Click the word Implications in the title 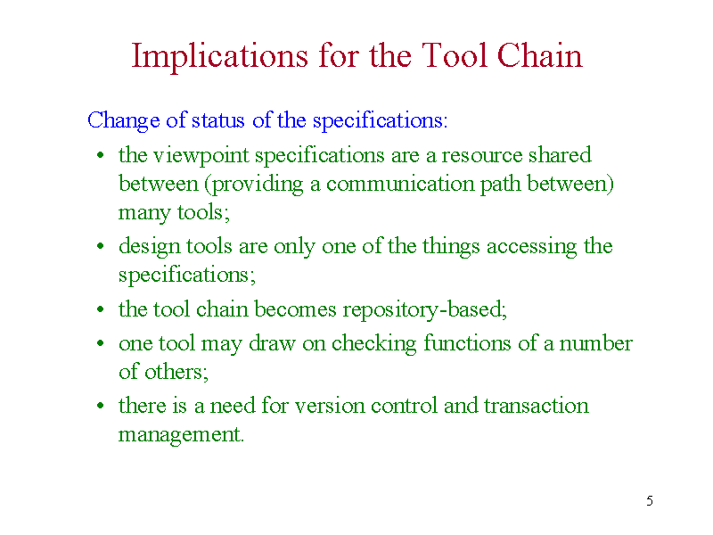click(x=219, y=56)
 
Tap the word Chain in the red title click(x=539, y=55)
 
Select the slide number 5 click(x=650, y=501)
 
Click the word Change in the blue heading click(x=124, y=121)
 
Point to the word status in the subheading click(x=218, y=120)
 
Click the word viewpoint click(x=201, y=156)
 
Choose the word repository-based click(x=424, y=309)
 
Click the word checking click(x=373, y=344)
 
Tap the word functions click(x=467, y=343)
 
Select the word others click(x=176, y=372)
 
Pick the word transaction click(x=537, y=406)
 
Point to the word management click(x=181, y=435)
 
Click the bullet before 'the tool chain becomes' click(x=101, y=309)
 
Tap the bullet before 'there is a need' click(x=101, y=406)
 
